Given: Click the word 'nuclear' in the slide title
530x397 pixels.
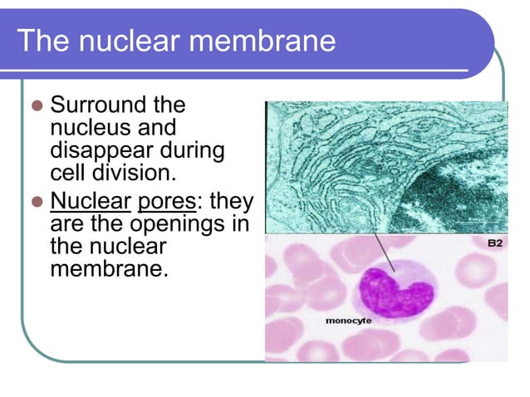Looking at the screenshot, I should [130, 40].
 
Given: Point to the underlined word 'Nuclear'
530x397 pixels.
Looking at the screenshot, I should [91, 203].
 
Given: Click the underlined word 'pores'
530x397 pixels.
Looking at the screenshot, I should [162, 203].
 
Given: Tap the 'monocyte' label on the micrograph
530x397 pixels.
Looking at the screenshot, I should [347, 320].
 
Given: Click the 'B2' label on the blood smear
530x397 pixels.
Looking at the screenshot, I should [493, 244].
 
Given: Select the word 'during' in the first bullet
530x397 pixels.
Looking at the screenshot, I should [199, 151].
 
